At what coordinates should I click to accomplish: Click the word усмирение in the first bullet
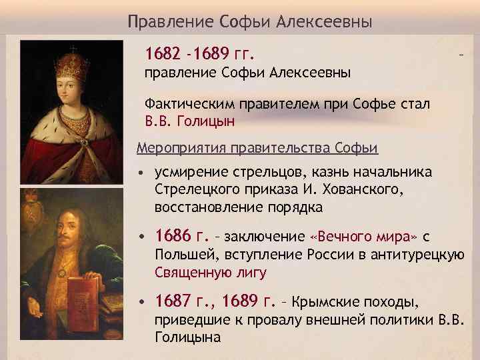(x=186, y=172)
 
